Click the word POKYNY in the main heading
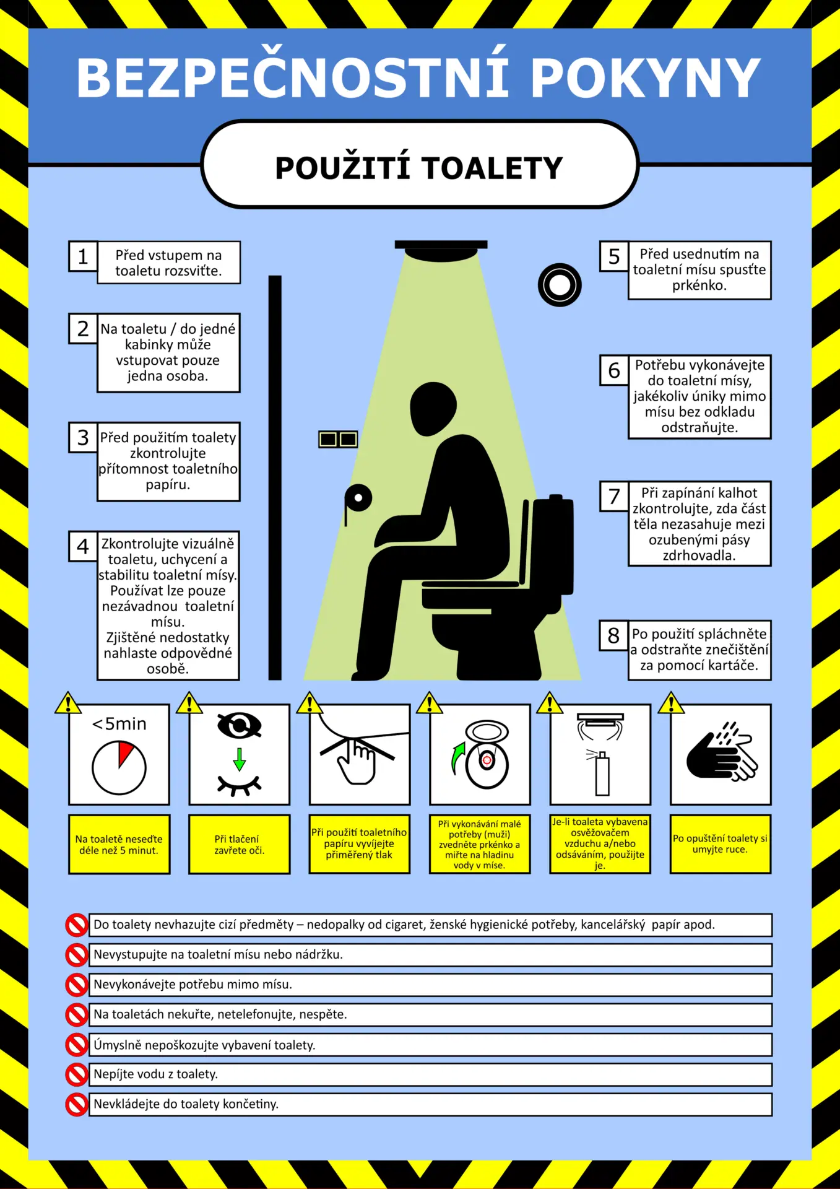[646, 77]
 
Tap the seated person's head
[433, 409]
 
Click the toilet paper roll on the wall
[358, 499]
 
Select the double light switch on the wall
[338, 439]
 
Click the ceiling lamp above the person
[441, 250]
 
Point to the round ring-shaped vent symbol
[560, 285]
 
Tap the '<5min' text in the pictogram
[119, 724]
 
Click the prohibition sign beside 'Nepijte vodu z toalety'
[77, 1074]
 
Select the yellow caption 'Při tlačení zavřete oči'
[240, 845]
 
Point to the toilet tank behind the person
[553, 545]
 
